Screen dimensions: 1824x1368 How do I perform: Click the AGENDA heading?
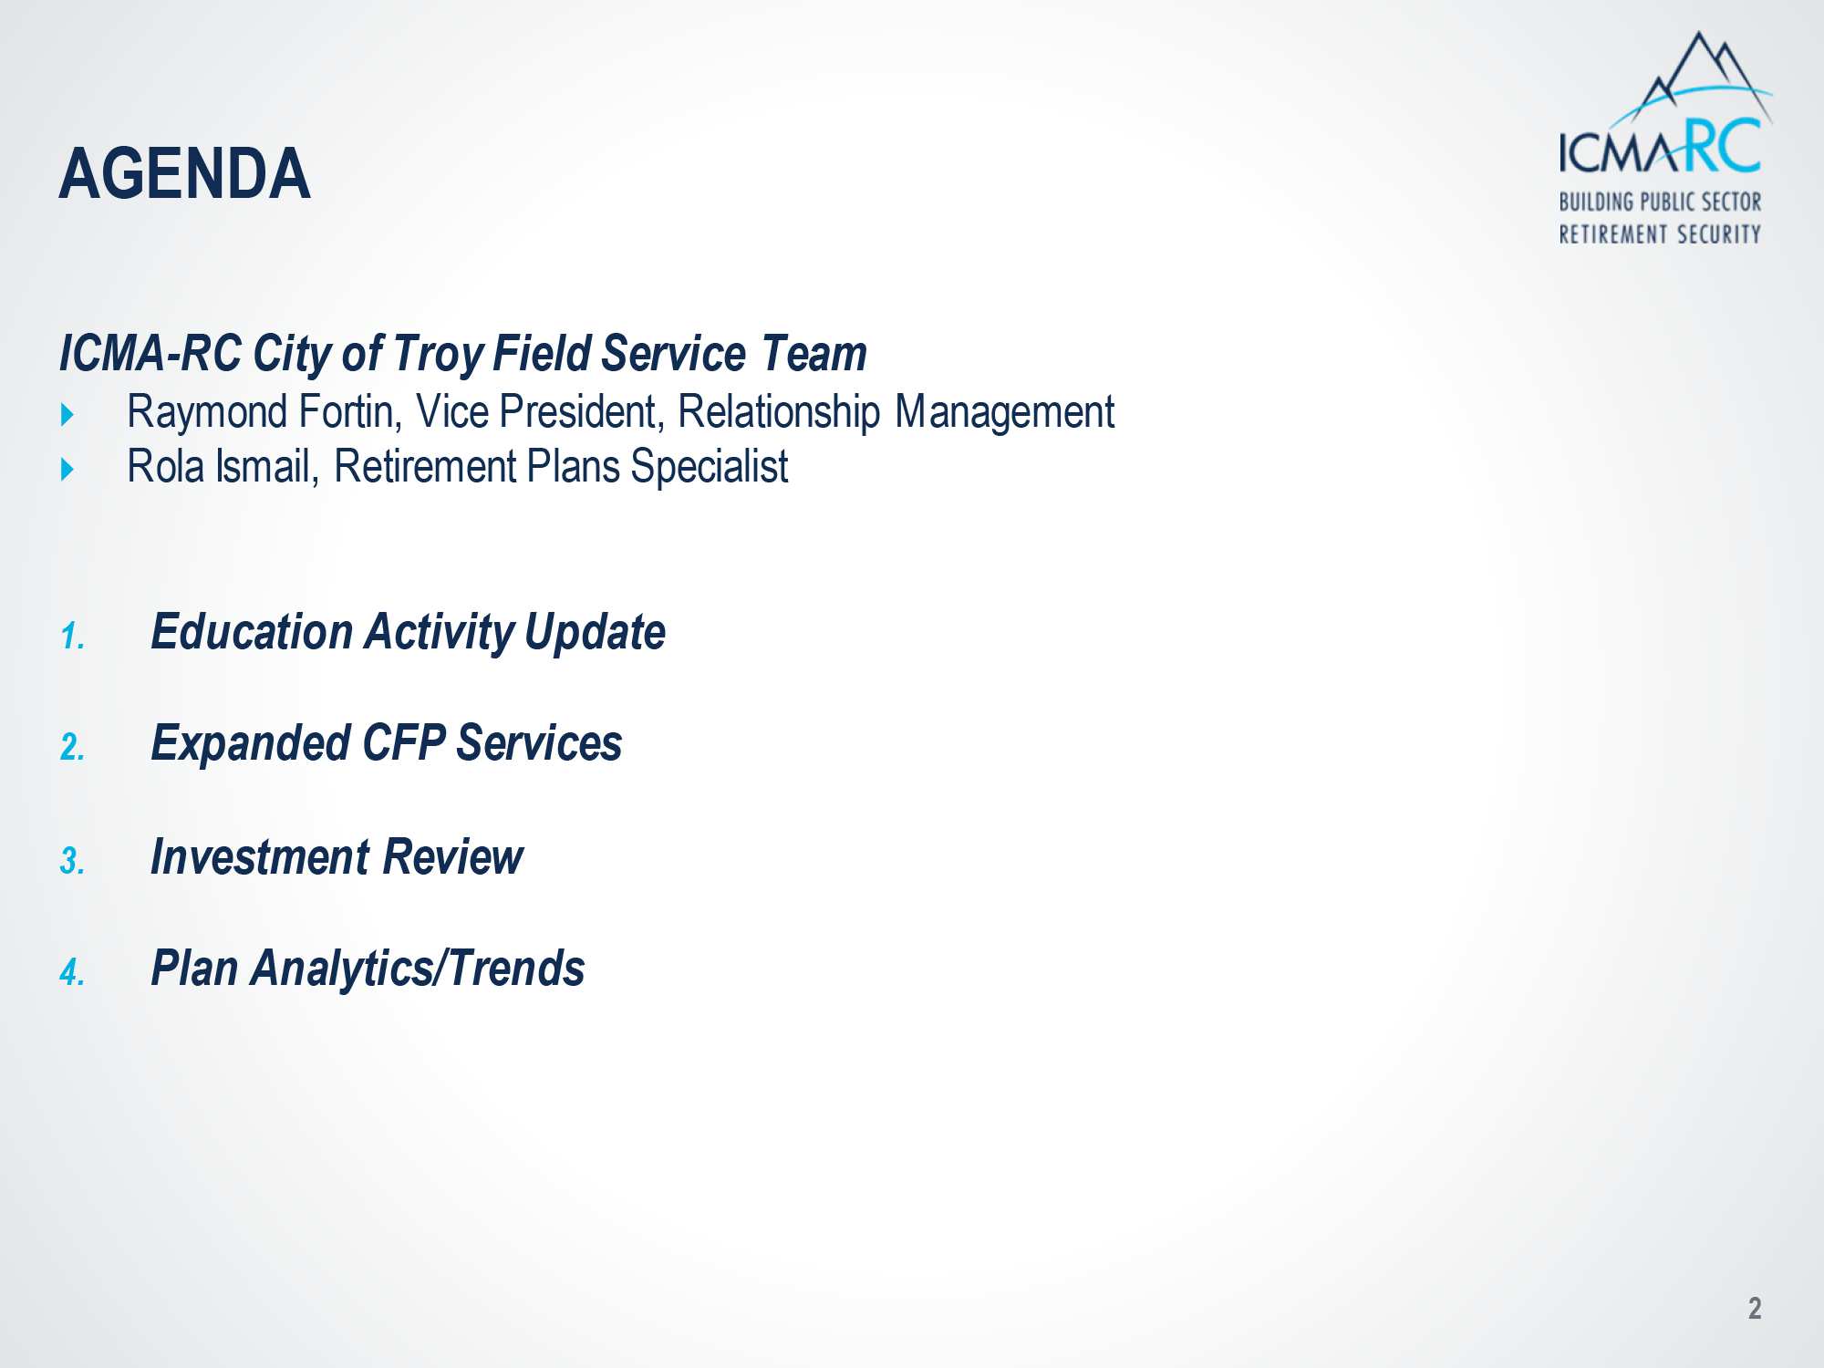coord(185,173)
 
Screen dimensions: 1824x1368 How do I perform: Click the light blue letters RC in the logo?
coord(1722,146)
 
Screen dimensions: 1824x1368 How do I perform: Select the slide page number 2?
coord(1755,1308)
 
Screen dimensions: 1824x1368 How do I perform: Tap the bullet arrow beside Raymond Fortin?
coord(67,415)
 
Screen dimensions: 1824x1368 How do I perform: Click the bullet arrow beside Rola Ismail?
coord(67,470)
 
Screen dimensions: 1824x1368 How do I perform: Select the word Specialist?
coord(709,467)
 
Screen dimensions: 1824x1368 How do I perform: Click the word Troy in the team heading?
coord(438,354)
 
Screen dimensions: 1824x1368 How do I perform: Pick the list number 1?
coord(72,637)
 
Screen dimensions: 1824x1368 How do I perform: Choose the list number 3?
coord(72,861)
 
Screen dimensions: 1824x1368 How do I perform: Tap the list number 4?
coord(72,973)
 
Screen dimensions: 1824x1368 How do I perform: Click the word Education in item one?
coord(252,631)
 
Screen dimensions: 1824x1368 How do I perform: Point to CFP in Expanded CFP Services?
coord(404,742)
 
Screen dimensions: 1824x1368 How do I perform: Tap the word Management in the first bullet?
coord(1004,412)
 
